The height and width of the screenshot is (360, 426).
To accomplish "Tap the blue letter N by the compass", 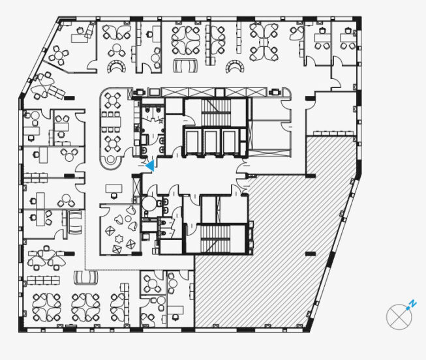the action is pos(413,303).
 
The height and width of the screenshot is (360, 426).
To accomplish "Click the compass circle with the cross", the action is pos(399,317).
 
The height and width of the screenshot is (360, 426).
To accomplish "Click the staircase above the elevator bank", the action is pos(216,112).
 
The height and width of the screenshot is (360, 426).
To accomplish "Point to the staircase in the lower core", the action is pos(215,239).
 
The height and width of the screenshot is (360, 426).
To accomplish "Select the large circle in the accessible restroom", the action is pos(149,202).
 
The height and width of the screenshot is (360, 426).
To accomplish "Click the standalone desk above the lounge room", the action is pos(114,188).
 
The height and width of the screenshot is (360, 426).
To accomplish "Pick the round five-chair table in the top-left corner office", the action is pos(59,55).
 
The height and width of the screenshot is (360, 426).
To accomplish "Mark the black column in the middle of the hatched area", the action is pos(311,254).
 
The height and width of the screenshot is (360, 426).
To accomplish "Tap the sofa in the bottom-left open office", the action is pos(86,277).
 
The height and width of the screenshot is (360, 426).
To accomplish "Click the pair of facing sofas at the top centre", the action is pos(185,65).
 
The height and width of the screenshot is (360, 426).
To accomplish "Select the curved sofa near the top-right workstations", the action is pos(236,67).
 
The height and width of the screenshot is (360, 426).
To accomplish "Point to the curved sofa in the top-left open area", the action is pos(117,67).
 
